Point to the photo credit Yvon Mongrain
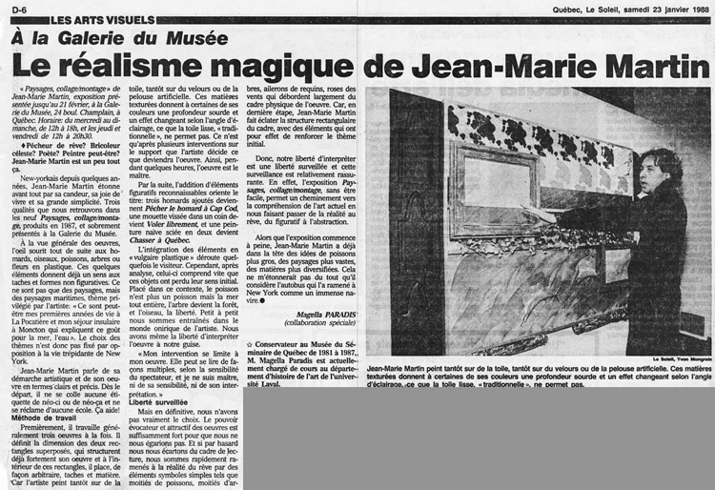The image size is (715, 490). (679, 359)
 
